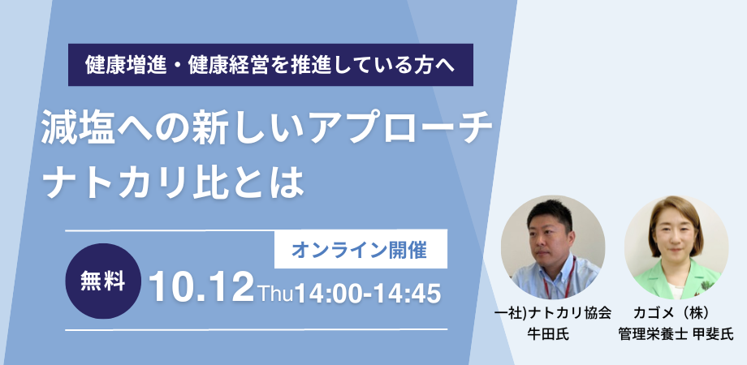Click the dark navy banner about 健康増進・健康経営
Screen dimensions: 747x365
pyautogui.click(x=270, y=65)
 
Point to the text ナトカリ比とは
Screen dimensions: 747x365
pyautogui.click(x=172, y=182)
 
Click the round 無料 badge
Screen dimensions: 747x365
pyautogui.click(x=103, y=281)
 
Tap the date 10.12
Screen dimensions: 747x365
pyautogui.click(x=201, y=288)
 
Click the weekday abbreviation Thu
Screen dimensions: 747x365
pyautogui.click(x=276, y=293)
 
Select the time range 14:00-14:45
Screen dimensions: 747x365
pyautogui.click(x=368, y=293)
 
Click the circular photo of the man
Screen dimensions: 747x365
pyautogui.click(x=553, y=247)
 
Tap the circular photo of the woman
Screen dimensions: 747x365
pyautogui.click(x=676, y=247)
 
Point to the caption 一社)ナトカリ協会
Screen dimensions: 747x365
pyautogui.click(x=553, y=313)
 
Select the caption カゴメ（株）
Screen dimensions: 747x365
pyautogui.click(x=671, y=313)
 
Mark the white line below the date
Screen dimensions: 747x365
pyautogui.click(x=257, y=329)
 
